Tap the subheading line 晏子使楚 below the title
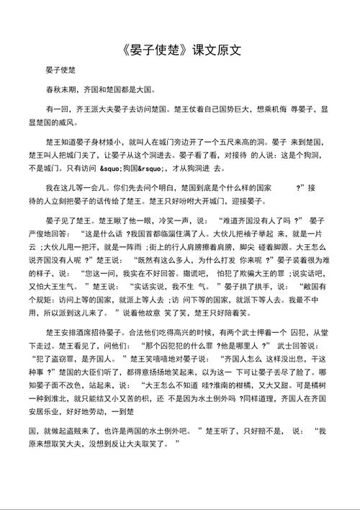tap(61, 71)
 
